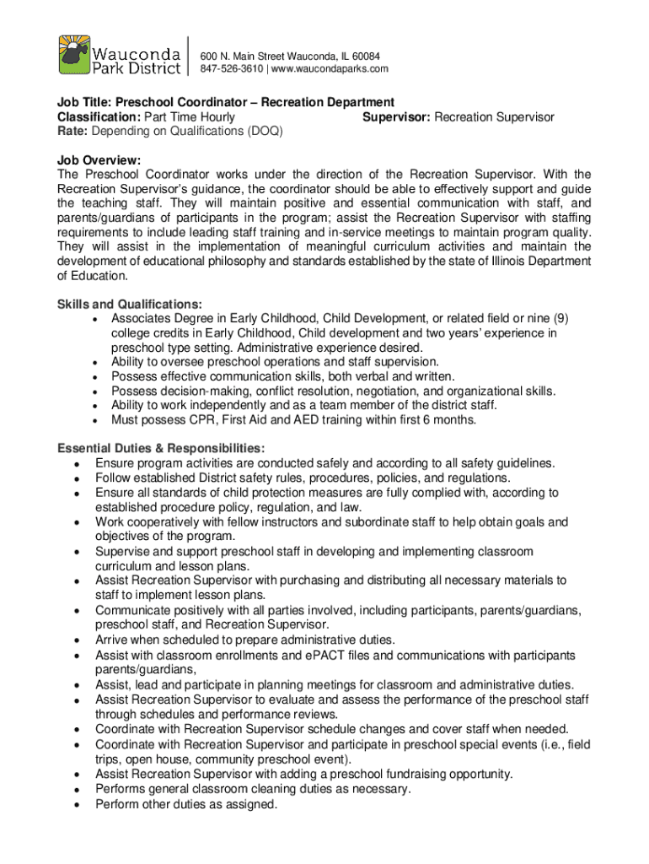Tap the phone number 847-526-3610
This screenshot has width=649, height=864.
[x=233, y=68]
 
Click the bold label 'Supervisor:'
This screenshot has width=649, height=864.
[x=396, y=117]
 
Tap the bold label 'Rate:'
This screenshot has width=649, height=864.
[x=72, y=132]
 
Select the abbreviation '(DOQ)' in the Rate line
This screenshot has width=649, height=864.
[x=265, y=132]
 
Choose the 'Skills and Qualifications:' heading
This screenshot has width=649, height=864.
[x=129, y=304]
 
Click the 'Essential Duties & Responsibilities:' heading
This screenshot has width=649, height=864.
[x=161, y=448]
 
